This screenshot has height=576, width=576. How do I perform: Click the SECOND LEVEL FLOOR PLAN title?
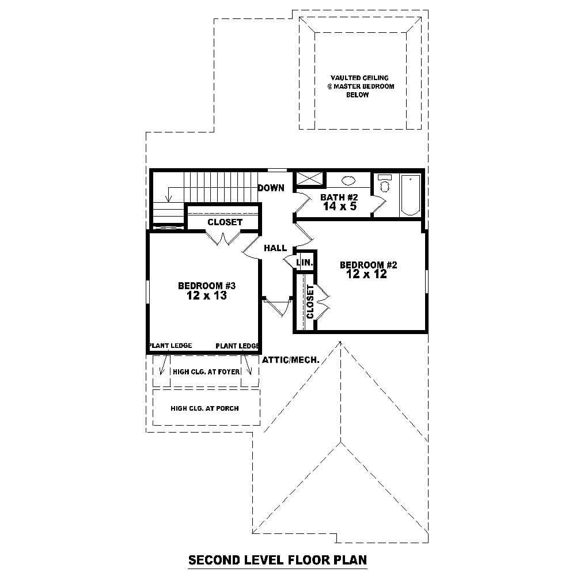point(278,560)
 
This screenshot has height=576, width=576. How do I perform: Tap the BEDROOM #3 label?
point(207,286)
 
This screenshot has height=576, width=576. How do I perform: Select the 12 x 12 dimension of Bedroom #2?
point(367,275)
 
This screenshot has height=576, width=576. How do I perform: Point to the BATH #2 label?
point(339,198)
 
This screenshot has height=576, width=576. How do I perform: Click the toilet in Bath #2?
point(385,185)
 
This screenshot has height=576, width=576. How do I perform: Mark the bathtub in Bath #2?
point(410,195)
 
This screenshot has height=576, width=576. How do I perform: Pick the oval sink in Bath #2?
point(348,180)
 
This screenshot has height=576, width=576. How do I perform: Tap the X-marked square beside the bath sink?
point(309,179)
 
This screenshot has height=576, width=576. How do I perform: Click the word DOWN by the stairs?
point(271,188)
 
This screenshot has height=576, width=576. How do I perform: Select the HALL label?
point(275,248)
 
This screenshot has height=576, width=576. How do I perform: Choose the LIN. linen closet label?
point(305,263)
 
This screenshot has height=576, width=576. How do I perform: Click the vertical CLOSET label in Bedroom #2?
point(310,302)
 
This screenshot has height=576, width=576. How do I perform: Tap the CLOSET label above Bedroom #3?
point(225,222)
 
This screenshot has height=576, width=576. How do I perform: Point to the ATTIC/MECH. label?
point(291,360)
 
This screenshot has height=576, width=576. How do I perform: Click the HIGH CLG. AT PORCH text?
point(204,408)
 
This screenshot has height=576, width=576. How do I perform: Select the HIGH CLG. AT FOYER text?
point(202,372)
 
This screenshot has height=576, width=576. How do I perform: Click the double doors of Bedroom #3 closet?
point(223,238)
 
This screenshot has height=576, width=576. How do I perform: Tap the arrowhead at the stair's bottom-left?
point(168,199)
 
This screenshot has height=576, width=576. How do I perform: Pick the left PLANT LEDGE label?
point(170,346)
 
